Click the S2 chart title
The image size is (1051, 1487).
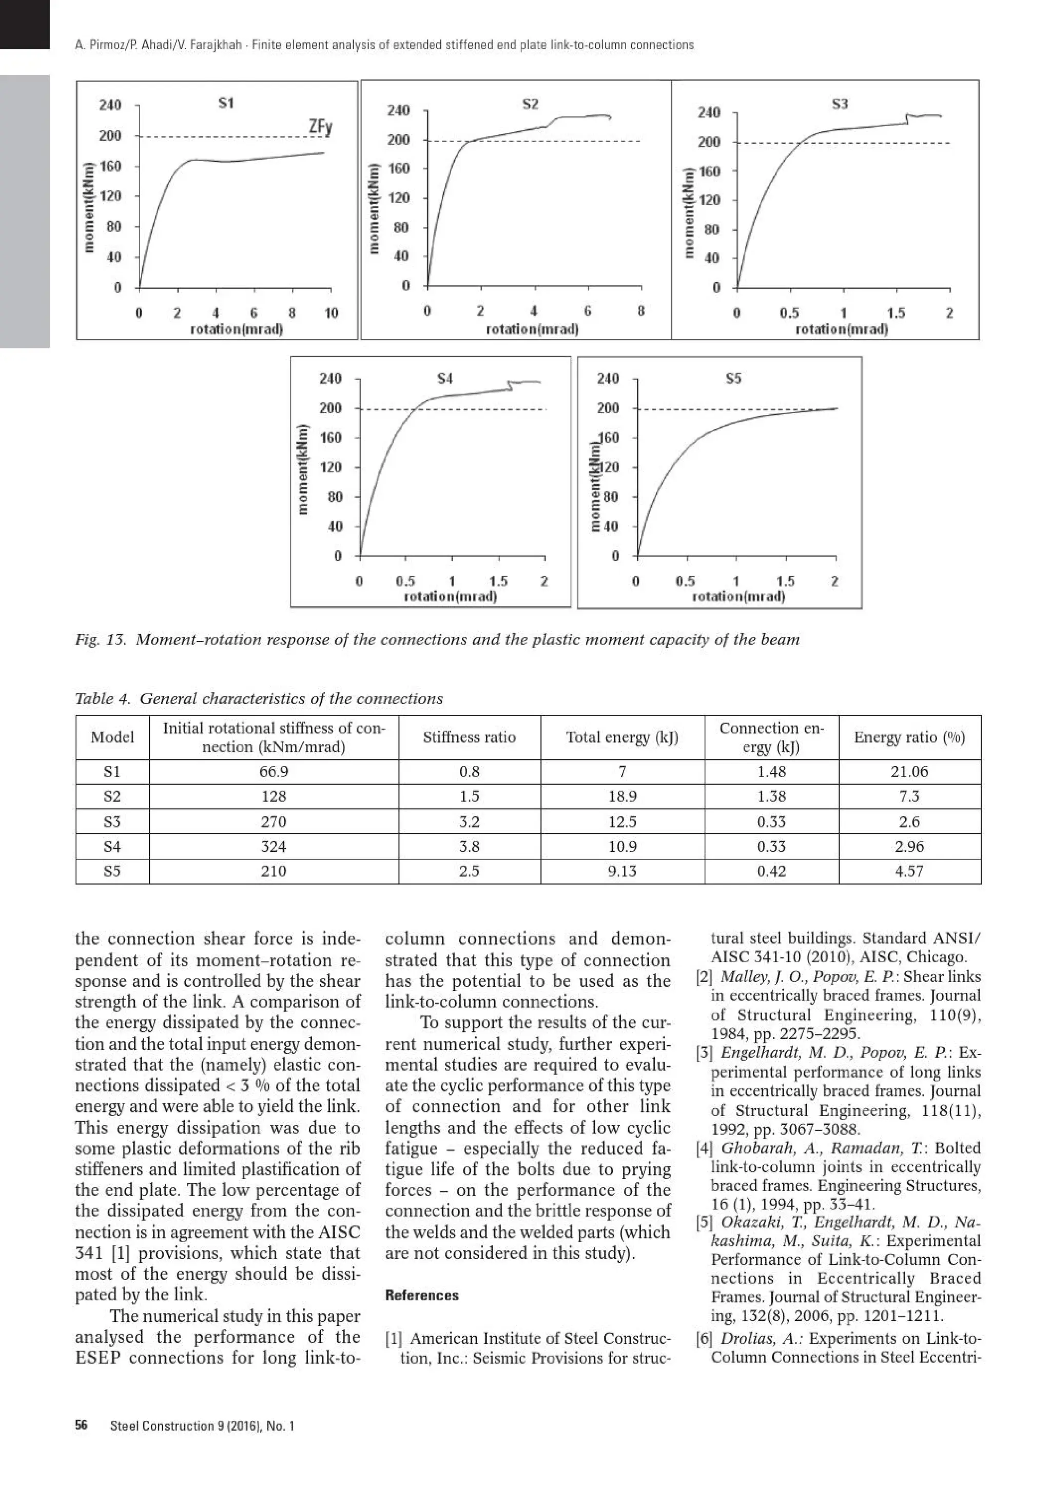coord(530,104)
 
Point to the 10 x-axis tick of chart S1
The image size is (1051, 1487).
coord(331,314)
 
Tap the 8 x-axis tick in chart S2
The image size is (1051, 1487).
coord(640,311)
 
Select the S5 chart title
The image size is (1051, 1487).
coord(733,378)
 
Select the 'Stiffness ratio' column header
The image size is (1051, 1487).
coord(469,737)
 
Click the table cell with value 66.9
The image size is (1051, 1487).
coord(274,771)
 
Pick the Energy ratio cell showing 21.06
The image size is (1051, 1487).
coord(909,771)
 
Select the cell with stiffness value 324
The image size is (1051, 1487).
coord(274,847)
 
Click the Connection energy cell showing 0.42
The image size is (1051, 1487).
coord(771,871)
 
